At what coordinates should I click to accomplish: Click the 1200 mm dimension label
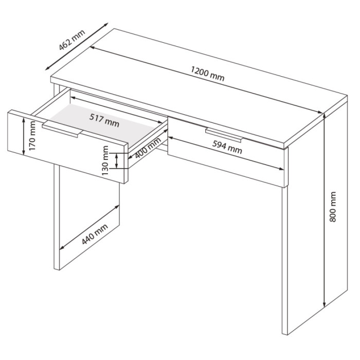pos(207,74)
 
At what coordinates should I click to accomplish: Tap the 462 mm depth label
pos(72,40)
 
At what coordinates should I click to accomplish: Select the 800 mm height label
pos(332,207)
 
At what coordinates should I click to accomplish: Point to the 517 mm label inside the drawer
pos(104,120)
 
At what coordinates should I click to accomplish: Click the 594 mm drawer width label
pos(227,147)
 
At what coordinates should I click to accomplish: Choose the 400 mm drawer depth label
pos(148,148)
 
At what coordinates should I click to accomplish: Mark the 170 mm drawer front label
pos(32,136)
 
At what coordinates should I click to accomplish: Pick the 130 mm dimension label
pos(105,160)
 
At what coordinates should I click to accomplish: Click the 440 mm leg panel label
pos(95,234)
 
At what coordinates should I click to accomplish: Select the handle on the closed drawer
pos(224,135)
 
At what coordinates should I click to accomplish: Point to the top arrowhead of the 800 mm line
pos(324,116)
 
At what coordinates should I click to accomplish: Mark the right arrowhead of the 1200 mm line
pos(320,112)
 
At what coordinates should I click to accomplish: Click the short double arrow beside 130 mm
pos(117,160)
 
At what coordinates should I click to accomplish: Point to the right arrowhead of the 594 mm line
pos(281,169)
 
